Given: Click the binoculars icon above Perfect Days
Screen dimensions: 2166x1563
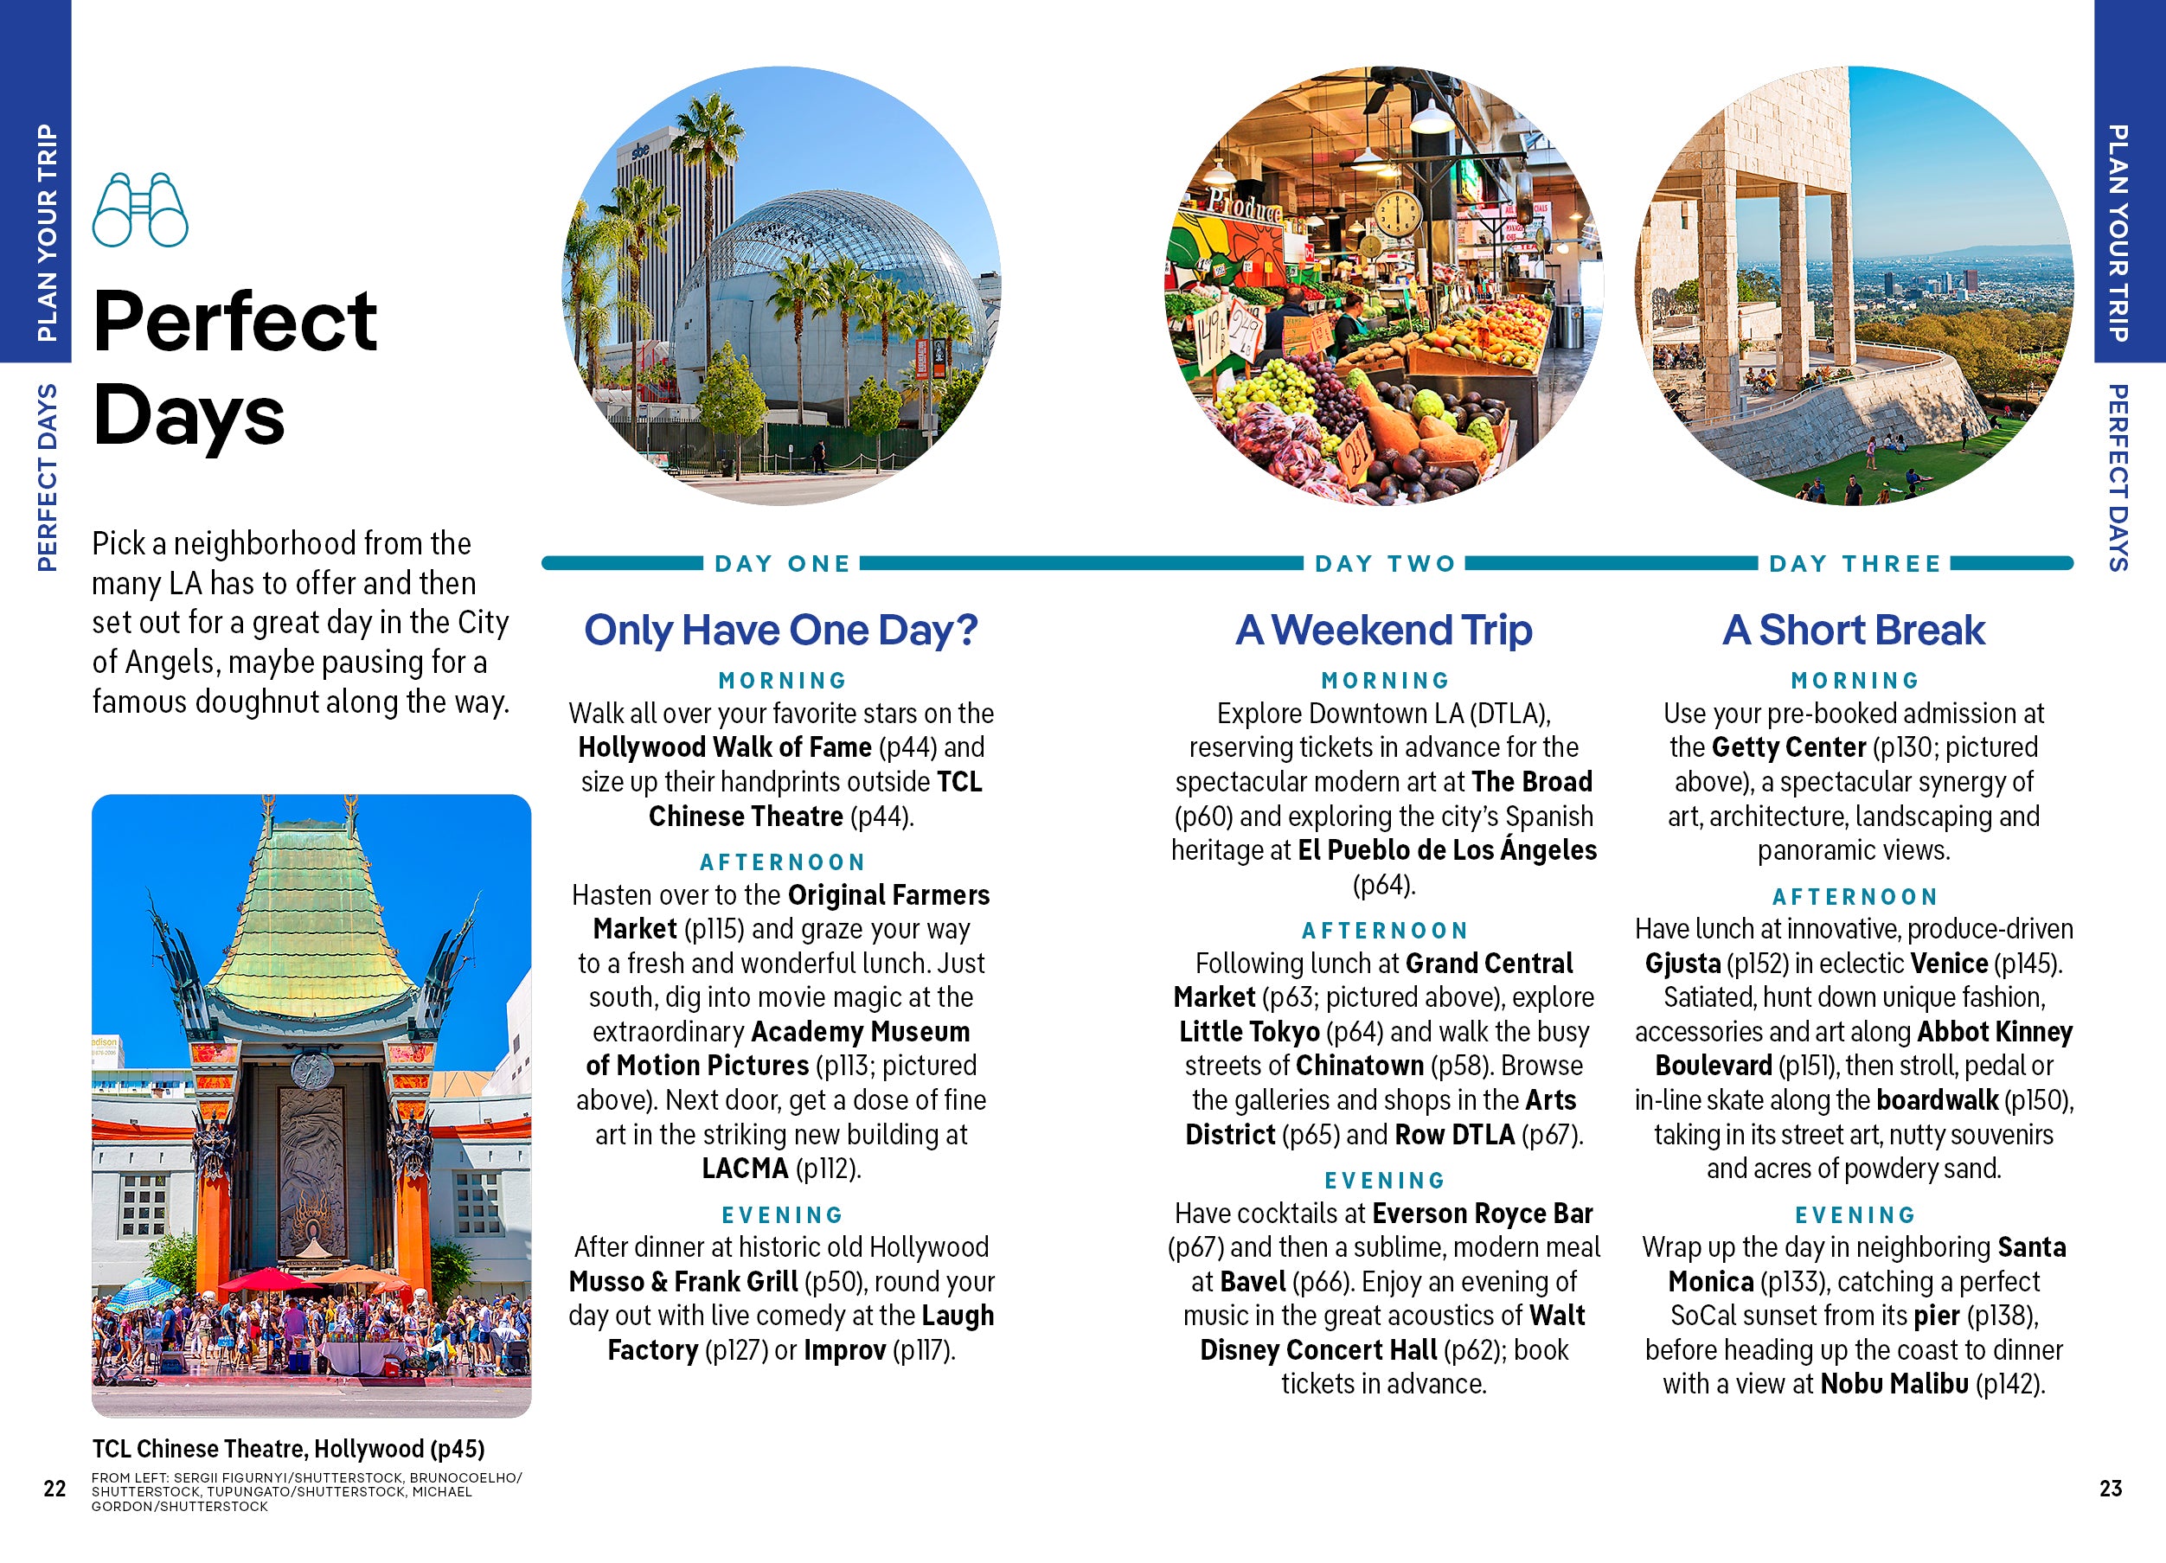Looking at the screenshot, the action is pyautogui.click(x=139, y=209).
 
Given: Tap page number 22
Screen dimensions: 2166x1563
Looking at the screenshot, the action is pyautogui.click(x=54, y=1489).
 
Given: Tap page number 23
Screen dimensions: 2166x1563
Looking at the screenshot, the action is pyautogui.click(x=2111, y=1489).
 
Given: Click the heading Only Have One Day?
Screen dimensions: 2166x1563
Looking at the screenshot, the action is pyautogui.click(x=781, y=631).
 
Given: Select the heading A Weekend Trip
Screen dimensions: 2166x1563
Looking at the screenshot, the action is pyautogui.click(x=1384, y=631).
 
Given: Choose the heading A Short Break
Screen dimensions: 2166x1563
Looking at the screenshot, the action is pyautogui.click(x=1854, y=631).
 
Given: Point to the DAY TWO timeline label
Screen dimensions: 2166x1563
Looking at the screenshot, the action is pyautogui.click(x=1385, y=563).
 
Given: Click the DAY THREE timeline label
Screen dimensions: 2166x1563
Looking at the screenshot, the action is pyautogui.click(x=1855, y=563).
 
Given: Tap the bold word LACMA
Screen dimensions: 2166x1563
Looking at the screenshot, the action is pyautogui.click(x=745, y=1169).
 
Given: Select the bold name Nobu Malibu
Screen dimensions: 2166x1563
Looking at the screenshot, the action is pyautogui.click(x=1894, y=1385).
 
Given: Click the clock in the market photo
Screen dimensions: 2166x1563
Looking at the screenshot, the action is pyautogui.click(x=1397, y=212).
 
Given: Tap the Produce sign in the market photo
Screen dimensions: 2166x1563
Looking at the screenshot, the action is pyautogui.click(x=1245, y=203).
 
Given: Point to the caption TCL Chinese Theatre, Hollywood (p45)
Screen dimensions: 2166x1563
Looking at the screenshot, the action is pyautogui.click(x=288, y=1450).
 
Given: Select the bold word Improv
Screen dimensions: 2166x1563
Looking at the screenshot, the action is pyautogui.click(x=844, y=1351).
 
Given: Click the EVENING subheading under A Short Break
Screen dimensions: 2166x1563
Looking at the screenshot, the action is pyautogui.click(x=1855, y=1215).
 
